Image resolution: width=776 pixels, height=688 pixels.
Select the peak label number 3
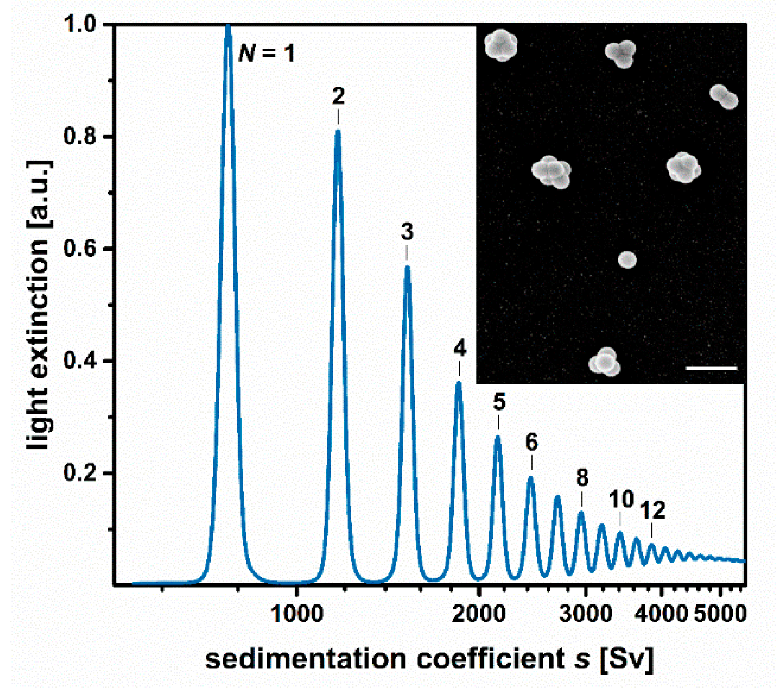pos(407,232)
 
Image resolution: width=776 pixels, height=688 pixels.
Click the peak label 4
pos(460,348)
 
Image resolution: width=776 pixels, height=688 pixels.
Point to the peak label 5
pos(499,402)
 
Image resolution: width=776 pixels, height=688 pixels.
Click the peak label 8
pos(582,478)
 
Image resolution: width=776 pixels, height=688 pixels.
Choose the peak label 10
pos(621,499)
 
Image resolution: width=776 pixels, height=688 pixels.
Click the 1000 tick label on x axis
pos(297,614)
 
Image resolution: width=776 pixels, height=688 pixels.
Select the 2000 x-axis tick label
pos(479,614)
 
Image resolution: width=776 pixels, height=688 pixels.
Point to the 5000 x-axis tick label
pos(719,614)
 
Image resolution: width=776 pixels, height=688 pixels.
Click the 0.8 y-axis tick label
pos(79,136)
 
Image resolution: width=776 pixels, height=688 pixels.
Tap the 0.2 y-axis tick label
pos(79,473)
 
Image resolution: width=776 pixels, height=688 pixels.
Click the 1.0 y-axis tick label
pos(79,24)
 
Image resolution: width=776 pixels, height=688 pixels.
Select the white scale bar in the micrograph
pos(711,368)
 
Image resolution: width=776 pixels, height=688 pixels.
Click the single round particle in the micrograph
pos(627,260)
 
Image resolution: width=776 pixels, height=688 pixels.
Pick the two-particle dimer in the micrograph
pos(724,97)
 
